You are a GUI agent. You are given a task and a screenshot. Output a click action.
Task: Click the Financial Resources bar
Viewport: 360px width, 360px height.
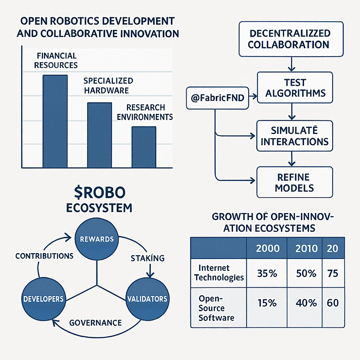(55, 121)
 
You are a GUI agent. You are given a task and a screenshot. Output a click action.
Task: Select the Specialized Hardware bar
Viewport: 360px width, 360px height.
(100, 135)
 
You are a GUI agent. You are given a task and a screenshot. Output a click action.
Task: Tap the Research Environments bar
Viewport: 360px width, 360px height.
(143, 147)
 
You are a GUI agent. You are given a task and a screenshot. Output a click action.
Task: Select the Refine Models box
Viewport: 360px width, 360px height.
(295, 182)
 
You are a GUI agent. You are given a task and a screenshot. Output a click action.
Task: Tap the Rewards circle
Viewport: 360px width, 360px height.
(97, 239)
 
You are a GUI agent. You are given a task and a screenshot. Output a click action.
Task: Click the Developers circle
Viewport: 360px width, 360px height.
(43, 299)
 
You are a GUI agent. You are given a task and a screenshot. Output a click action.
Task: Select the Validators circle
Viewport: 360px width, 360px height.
(147, 299)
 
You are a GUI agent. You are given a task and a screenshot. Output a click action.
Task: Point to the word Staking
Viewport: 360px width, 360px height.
(147, 258)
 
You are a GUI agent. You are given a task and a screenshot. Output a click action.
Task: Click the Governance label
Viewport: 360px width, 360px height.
(96, 323)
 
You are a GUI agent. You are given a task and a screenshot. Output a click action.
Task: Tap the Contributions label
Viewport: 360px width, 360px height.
(44, 256)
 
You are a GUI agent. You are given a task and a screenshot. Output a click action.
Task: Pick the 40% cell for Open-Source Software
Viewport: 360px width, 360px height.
(305, 303)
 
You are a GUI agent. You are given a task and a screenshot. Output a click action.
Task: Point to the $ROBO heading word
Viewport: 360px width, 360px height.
(98, 192)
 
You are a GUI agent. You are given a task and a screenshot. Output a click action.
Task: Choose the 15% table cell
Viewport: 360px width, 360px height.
(267, 303)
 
